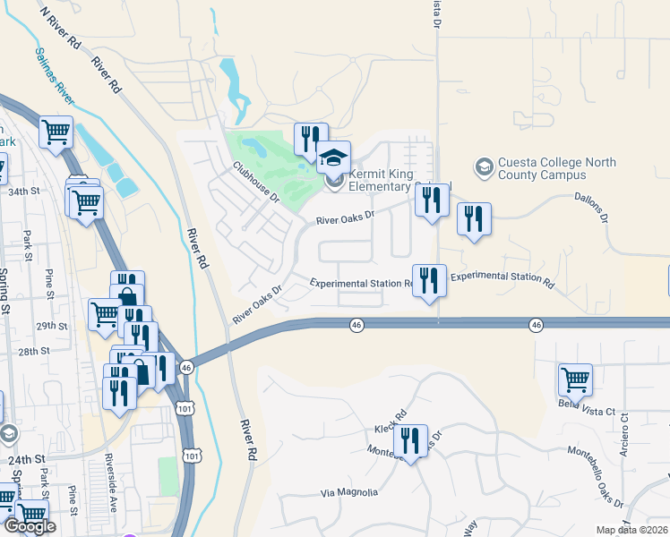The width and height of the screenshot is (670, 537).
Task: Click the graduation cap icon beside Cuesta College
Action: coord(484,167)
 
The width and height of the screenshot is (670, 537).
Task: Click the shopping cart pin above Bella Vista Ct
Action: coord(575,379)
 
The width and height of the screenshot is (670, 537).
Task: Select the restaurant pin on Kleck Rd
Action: coord(410,441)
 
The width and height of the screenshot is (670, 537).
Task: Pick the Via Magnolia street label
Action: coord(349,493)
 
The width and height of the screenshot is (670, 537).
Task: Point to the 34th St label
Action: coord(24,192)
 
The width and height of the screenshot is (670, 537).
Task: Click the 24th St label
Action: coord(26,459)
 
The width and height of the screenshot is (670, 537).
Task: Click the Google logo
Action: coord(30,527)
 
